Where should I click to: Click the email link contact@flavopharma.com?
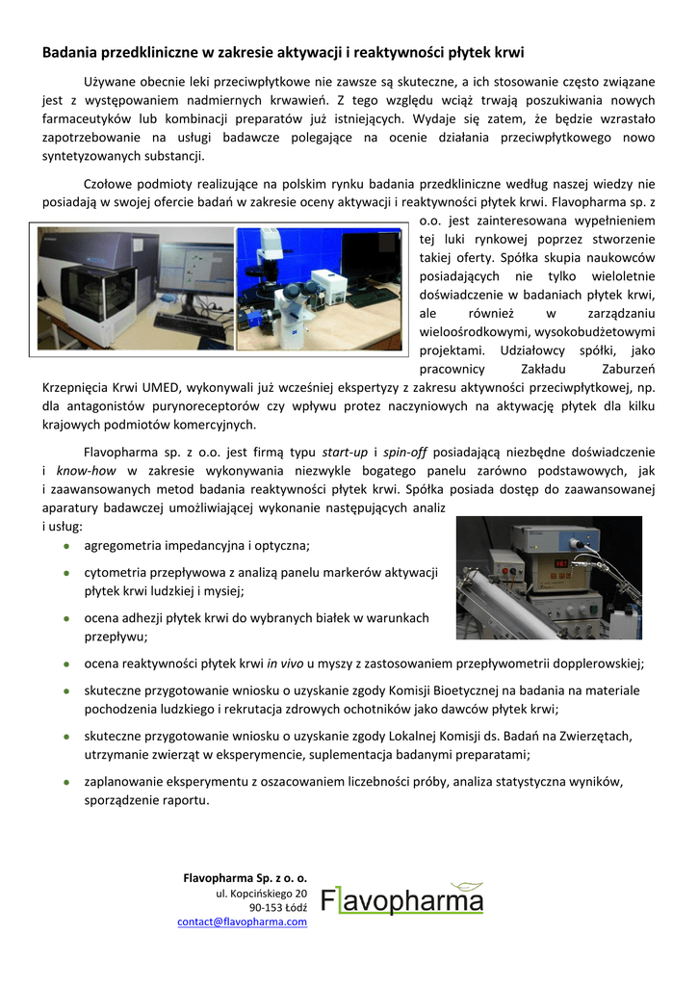(242, 921)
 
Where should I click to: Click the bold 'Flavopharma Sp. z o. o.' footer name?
(245, 878)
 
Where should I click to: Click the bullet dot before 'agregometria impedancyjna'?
(65, 546)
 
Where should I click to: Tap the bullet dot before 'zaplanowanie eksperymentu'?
(65, 782)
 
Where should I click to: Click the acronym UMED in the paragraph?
(142, 387)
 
